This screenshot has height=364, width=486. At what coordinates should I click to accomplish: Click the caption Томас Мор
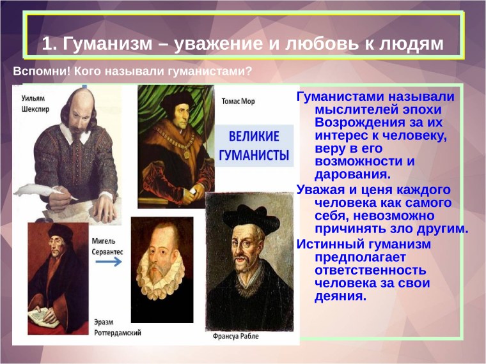(237, 101)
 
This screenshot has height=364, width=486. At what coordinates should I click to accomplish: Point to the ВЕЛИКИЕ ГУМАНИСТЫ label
(254, 146)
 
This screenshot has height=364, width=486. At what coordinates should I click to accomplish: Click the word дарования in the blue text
(349, 173)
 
